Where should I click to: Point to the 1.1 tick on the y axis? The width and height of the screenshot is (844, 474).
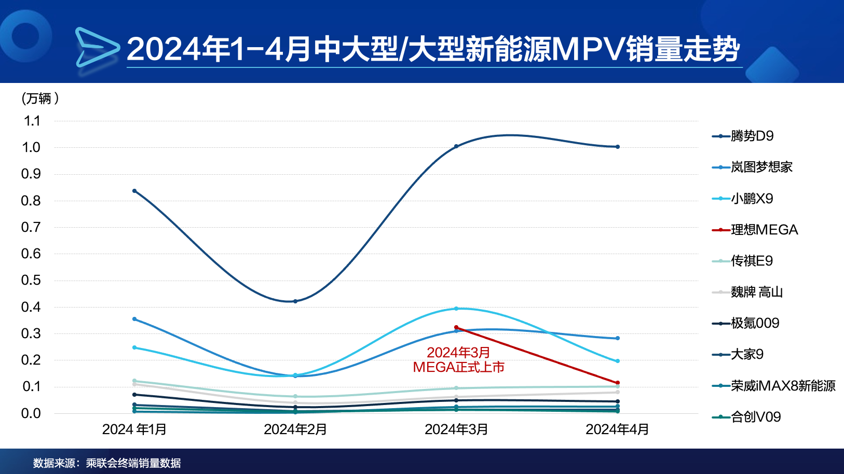tap(32, 121)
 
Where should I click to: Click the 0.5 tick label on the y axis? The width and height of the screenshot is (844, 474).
tap(31, 280)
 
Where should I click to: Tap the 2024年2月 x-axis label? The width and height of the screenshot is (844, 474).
tap(295, 429)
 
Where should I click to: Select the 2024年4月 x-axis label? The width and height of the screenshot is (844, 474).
tap(617, 429)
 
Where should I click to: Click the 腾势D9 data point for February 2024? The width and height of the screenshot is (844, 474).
tap(295, 301)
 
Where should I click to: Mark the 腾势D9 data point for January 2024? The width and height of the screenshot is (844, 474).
tap(134, 191)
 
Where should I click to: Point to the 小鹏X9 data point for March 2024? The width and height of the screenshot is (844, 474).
tap(456, 309)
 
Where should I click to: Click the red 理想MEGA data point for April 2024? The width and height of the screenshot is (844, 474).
tap(617, 383)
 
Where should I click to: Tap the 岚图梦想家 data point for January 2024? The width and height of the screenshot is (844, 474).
tap(134, 319)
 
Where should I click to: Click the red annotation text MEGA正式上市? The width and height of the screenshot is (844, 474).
tap(458, 367)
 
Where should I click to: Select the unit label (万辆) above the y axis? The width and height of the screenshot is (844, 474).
tap(40, 98)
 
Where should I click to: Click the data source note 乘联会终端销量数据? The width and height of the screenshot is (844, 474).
tap(133, 463)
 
